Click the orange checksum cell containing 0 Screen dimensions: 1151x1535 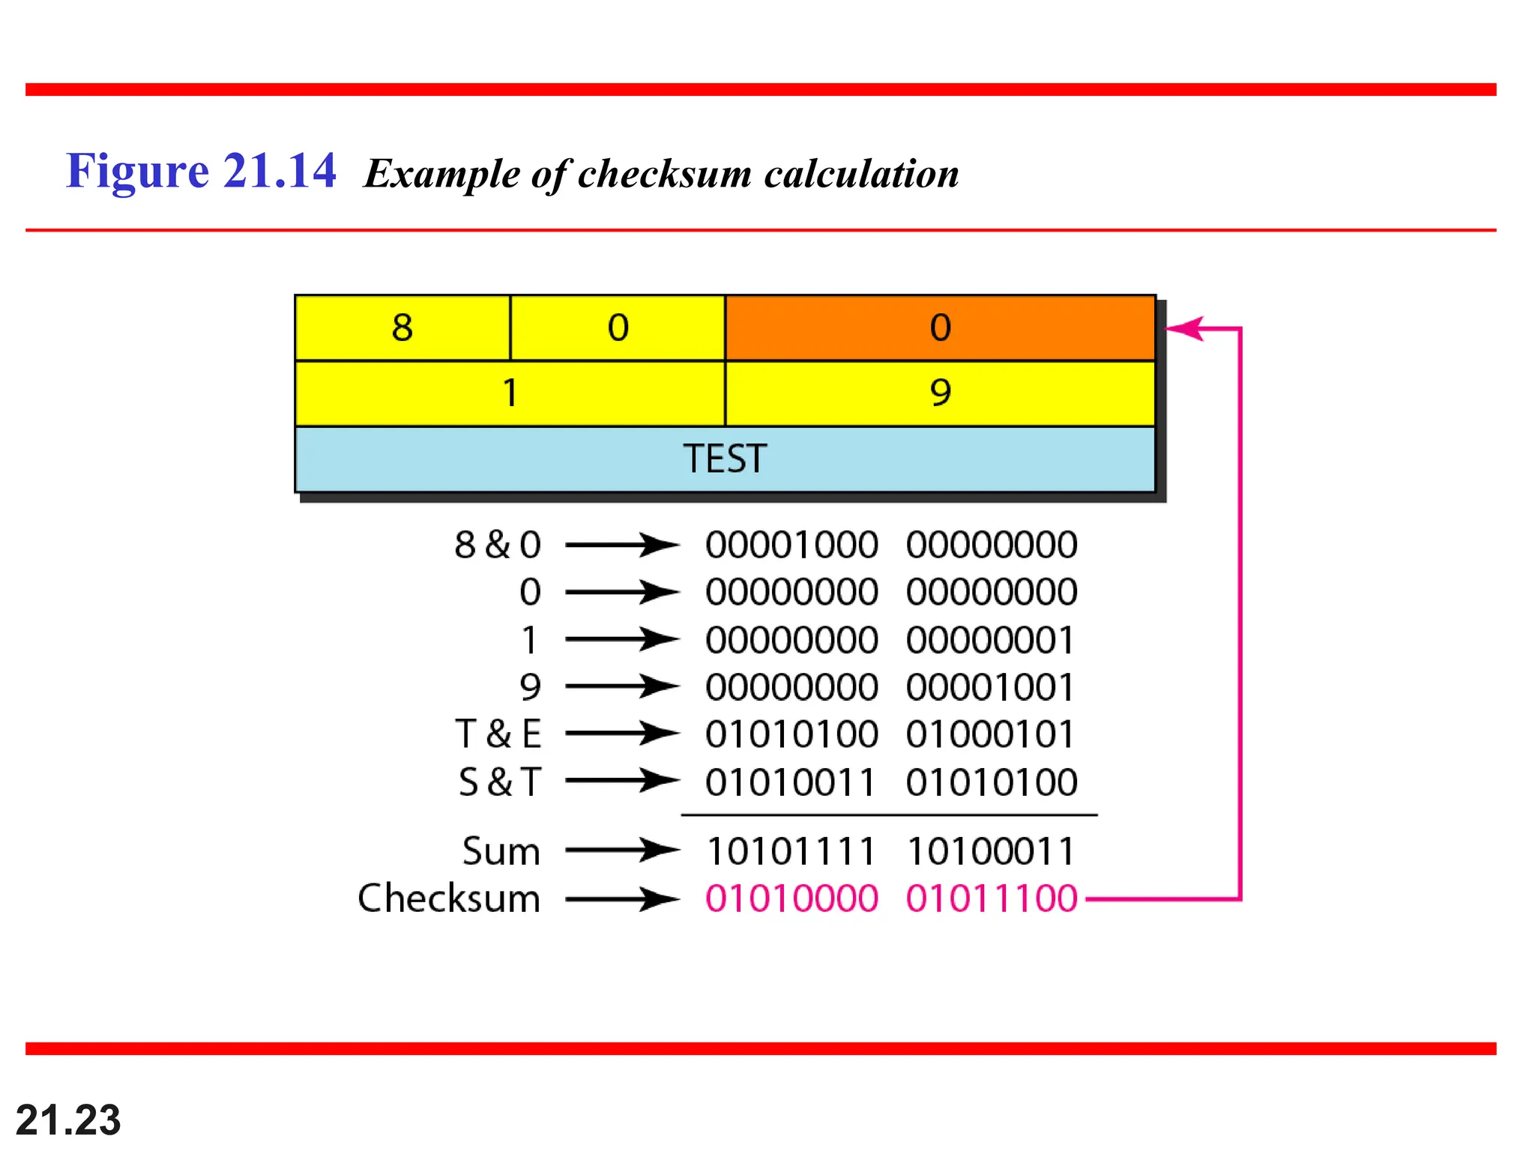coord(940,328)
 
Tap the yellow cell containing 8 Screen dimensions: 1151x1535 coord(402,328)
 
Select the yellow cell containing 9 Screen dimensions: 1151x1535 coord(940,393)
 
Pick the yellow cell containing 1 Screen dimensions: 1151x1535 coord(510,393)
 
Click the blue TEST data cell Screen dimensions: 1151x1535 coord(725,459)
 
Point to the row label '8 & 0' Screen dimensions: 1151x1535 coord(498,545)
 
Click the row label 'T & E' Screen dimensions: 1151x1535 coord(498,734)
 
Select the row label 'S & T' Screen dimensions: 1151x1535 coord(499,782)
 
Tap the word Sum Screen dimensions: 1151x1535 coord(501,851)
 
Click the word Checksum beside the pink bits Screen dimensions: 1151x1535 coord(448,898)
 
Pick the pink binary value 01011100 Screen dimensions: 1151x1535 coord(992,898)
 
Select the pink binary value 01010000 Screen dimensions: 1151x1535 coord(791,898)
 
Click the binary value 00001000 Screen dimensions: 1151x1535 coord(791,545)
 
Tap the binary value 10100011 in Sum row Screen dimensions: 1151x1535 coord(992,851)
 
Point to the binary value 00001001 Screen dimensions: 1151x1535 coord(992,687)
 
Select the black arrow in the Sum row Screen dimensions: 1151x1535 coord(622,851)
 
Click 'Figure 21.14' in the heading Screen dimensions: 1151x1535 coord(201,171)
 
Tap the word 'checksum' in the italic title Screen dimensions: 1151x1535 coord(664,174)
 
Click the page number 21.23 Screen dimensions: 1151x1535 coord(68,1120)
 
